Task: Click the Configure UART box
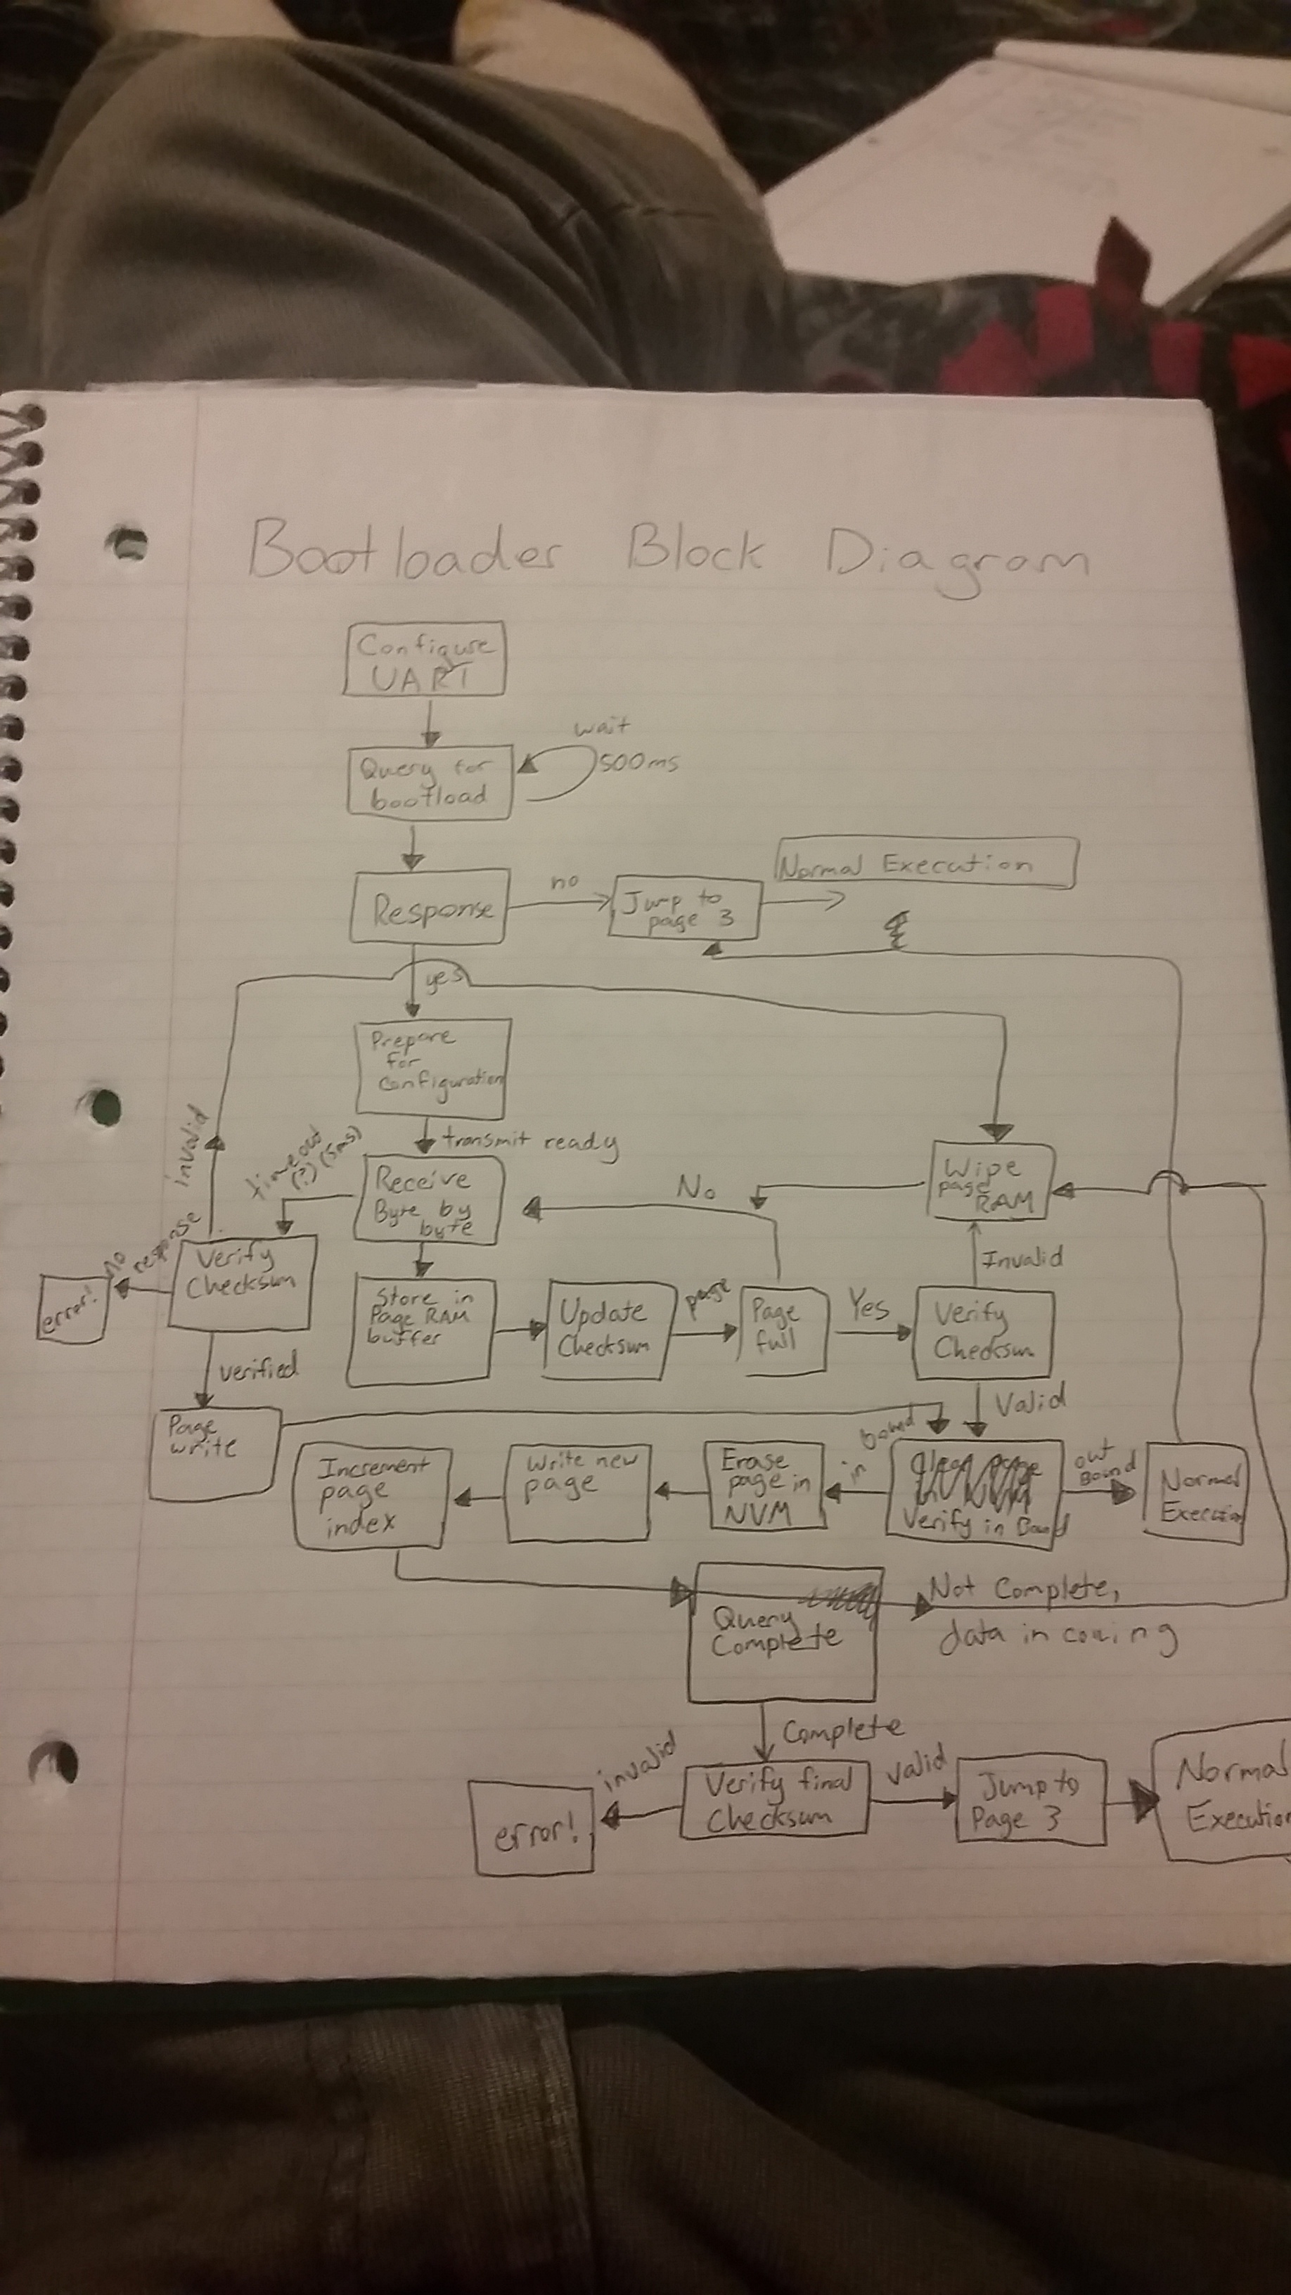424,660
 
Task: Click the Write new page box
578,1492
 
